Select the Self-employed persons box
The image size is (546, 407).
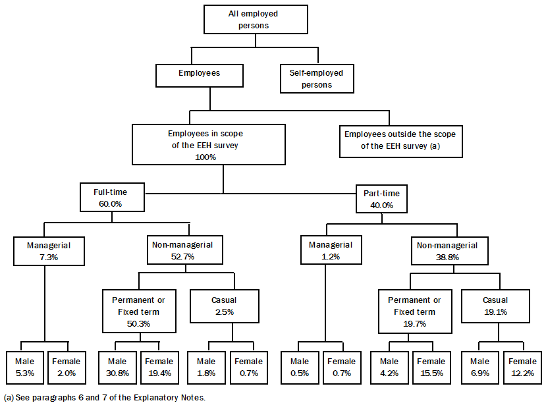(x=317, y=78)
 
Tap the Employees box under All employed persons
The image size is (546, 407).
(x=199, y=74)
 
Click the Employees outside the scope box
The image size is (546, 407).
(x=400, y=140)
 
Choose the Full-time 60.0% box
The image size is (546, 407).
(x=110, y=198)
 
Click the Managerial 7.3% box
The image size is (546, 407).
(x=49, y=251)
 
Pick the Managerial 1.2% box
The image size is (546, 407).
(x=331, y=251)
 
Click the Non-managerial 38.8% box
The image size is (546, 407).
(x=456, y=251)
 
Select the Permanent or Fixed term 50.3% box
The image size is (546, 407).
(x=139, y=312)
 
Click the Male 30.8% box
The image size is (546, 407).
(x=117, y=367)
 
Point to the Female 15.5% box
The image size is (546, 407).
(x=431, y=367)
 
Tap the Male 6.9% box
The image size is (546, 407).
(x=479, y=367)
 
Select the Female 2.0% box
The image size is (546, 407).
(x=67, y=367)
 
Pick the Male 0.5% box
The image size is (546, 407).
(x=300, y=367)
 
